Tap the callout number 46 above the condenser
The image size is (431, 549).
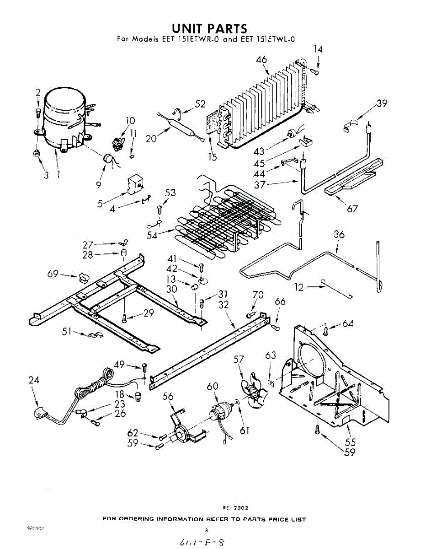coord(262,60)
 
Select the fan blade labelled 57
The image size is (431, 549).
coord(252,391)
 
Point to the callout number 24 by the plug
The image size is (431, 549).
coord(34,380)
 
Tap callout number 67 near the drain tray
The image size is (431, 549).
coord(352,209)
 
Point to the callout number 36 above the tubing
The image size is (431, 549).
coord(339,235)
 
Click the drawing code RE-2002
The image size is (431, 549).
coord(235,508)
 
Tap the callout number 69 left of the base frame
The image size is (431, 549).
coord(53,274)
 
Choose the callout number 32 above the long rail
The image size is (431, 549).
coord(223,305)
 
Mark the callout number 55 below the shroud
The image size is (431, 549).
coord(351,442)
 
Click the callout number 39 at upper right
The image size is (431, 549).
coord(382,103)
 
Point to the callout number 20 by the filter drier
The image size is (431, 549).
coord(151,138)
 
